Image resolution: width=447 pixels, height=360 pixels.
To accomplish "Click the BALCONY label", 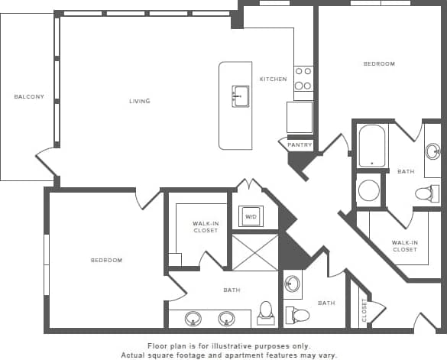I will click(x=29, y=97).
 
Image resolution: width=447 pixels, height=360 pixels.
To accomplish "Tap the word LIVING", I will click(x=139, y=101).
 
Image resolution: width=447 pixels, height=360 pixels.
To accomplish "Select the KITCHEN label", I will click(x=273, y=79).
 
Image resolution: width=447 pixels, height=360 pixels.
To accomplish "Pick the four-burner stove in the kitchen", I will click(x=303, y=79).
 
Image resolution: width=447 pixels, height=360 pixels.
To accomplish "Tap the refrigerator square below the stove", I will click(x=300, y=117).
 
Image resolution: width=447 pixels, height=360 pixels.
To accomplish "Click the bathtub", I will click(x=372, y=145).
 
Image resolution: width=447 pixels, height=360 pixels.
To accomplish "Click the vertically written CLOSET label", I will click(x=364, y=310).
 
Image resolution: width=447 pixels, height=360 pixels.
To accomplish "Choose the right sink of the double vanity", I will click(x=226, y=318).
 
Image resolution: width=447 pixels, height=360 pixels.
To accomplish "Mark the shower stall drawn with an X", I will click(x=255, y=252).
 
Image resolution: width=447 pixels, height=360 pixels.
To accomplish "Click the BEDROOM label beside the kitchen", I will click(x=379, y=64).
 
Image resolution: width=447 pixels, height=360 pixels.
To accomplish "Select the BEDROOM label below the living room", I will click(x=106, y=261).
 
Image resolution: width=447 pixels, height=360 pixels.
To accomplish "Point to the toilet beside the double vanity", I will click(x=266, y=313).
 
